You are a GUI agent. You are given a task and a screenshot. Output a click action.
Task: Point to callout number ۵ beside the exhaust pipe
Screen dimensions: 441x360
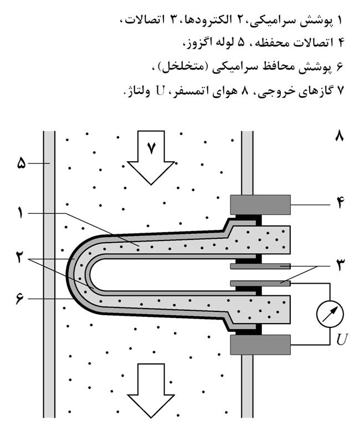[20, 163]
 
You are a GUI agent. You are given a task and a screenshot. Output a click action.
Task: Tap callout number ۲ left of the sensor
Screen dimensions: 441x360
[20, 258]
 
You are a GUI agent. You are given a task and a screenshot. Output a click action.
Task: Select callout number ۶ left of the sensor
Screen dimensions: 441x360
[20, 299]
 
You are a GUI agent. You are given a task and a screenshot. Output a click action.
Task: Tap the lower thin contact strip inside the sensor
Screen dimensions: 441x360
[258, 283]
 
